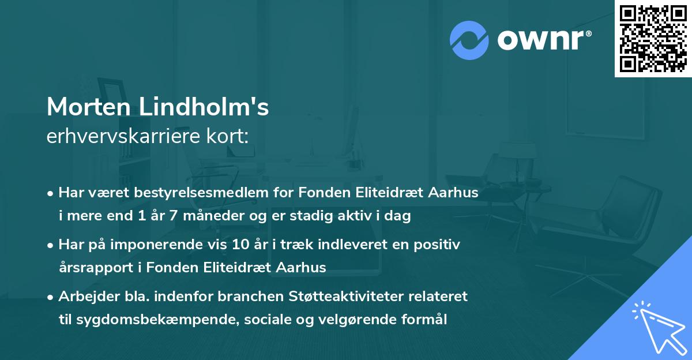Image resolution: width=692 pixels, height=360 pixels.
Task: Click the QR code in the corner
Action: pos(653,39)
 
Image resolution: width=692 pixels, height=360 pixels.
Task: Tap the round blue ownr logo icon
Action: pos(469,40)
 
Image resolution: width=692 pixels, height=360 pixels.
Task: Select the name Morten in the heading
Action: pos(88,107)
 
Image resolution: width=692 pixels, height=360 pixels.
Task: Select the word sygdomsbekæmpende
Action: pos(143,320)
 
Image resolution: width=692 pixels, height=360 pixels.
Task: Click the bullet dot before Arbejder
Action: pos(51,297)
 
